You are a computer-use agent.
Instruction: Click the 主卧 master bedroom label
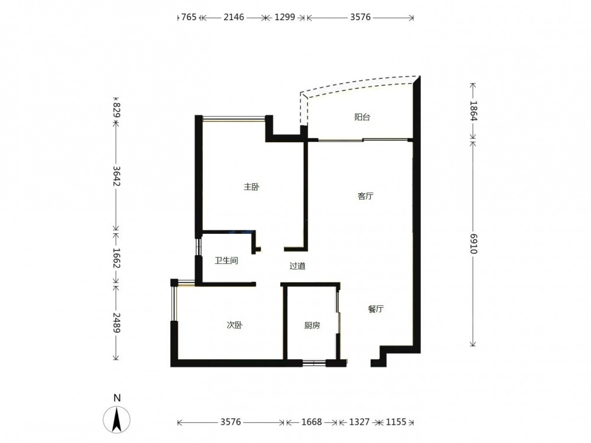(251, 187)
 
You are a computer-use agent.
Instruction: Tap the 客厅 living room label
(365, 196)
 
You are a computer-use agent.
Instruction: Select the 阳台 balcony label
(362, 117)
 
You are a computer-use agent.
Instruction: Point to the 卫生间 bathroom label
(226, 260)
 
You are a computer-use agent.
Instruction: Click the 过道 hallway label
(297, 266)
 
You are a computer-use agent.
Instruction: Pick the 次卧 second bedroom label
(235, 325)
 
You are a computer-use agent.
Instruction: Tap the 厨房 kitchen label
(312, 325)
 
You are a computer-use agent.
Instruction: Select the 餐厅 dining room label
(376, 310)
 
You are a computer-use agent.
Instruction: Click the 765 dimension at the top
(189, 17)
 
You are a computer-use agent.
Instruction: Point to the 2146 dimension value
(233, 17)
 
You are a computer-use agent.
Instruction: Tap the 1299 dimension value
(285, 17)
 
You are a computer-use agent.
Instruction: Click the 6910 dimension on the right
(474, 244)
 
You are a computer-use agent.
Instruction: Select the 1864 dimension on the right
(474, 111)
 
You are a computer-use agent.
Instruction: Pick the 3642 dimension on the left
(116, 176)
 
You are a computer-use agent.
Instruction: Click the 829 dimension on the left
(116, 110)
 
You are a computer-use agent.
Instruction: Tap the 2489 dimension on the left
(116, 323)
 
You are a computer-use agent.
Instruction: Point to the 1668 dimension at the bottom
(311, 422)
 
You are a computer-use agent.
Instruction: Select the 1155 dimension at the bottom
(396, 422)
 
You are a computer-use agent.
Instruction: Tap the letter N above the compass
(117, 398)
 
